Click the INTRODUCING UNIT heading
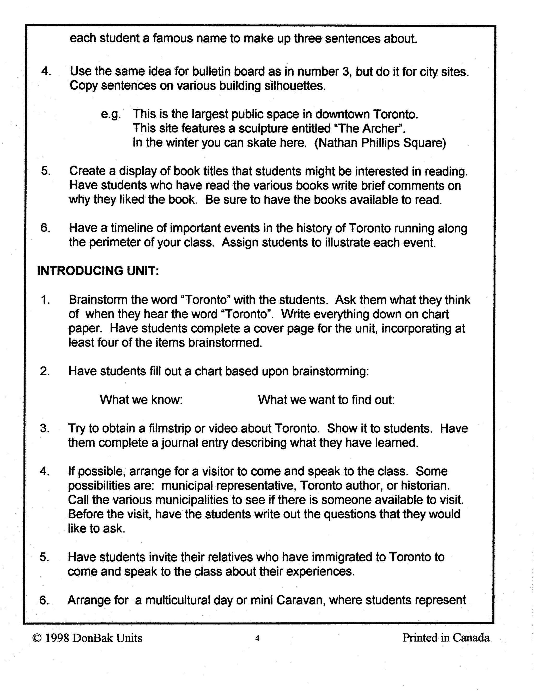[x=98, y=271]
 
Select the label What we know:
[x=141, y=399]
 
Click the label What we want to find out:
[x=326, y=399]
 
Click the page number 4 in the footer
[x=257, y=638]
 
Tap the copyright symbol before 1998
[x=37, y=638]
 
